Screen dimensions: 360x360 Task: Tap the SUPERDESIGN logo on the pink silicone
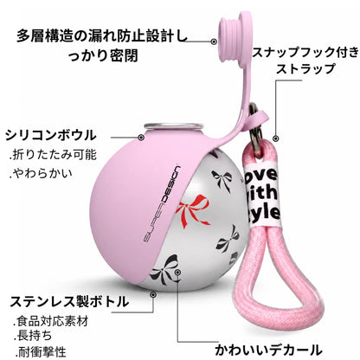pos(162,204)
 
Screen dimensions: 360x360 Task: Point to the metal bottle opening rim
pos(173,125)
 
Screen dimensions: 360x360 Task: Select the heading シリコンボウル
pos(51,135)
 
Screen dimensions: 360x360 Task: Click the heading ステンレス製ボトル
pos(69,301)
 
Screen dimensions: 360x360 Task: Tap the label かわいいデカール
pos(268,350)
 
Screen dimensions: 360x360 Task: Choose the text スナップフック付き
pos(306,52)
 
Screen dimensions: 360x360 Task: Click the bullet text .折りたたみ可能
pos(53,155)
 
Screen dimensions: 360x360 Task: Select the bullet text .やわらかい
pos(41,173)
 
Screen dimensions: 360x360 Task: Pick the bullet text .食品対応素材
pos(51,321)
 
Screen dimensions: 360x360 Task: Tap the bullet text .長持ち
pos(33,336)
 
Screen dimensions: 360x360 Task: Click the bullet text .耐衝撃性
pos(40,351)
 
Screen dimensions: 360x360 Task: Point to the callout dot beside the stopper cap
pos(214,42)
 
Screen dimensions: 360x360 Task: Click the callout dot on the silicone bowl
pos(141,138)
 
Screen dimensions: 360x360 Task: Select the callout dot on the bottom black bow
pos(177,272)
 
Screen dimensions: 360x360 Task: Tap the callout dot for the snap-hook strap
pos(276,138)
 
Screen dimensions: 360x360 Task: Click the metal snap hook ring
pos(254,127)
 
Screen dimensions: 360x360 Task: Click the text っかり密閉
pos(104,55)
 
